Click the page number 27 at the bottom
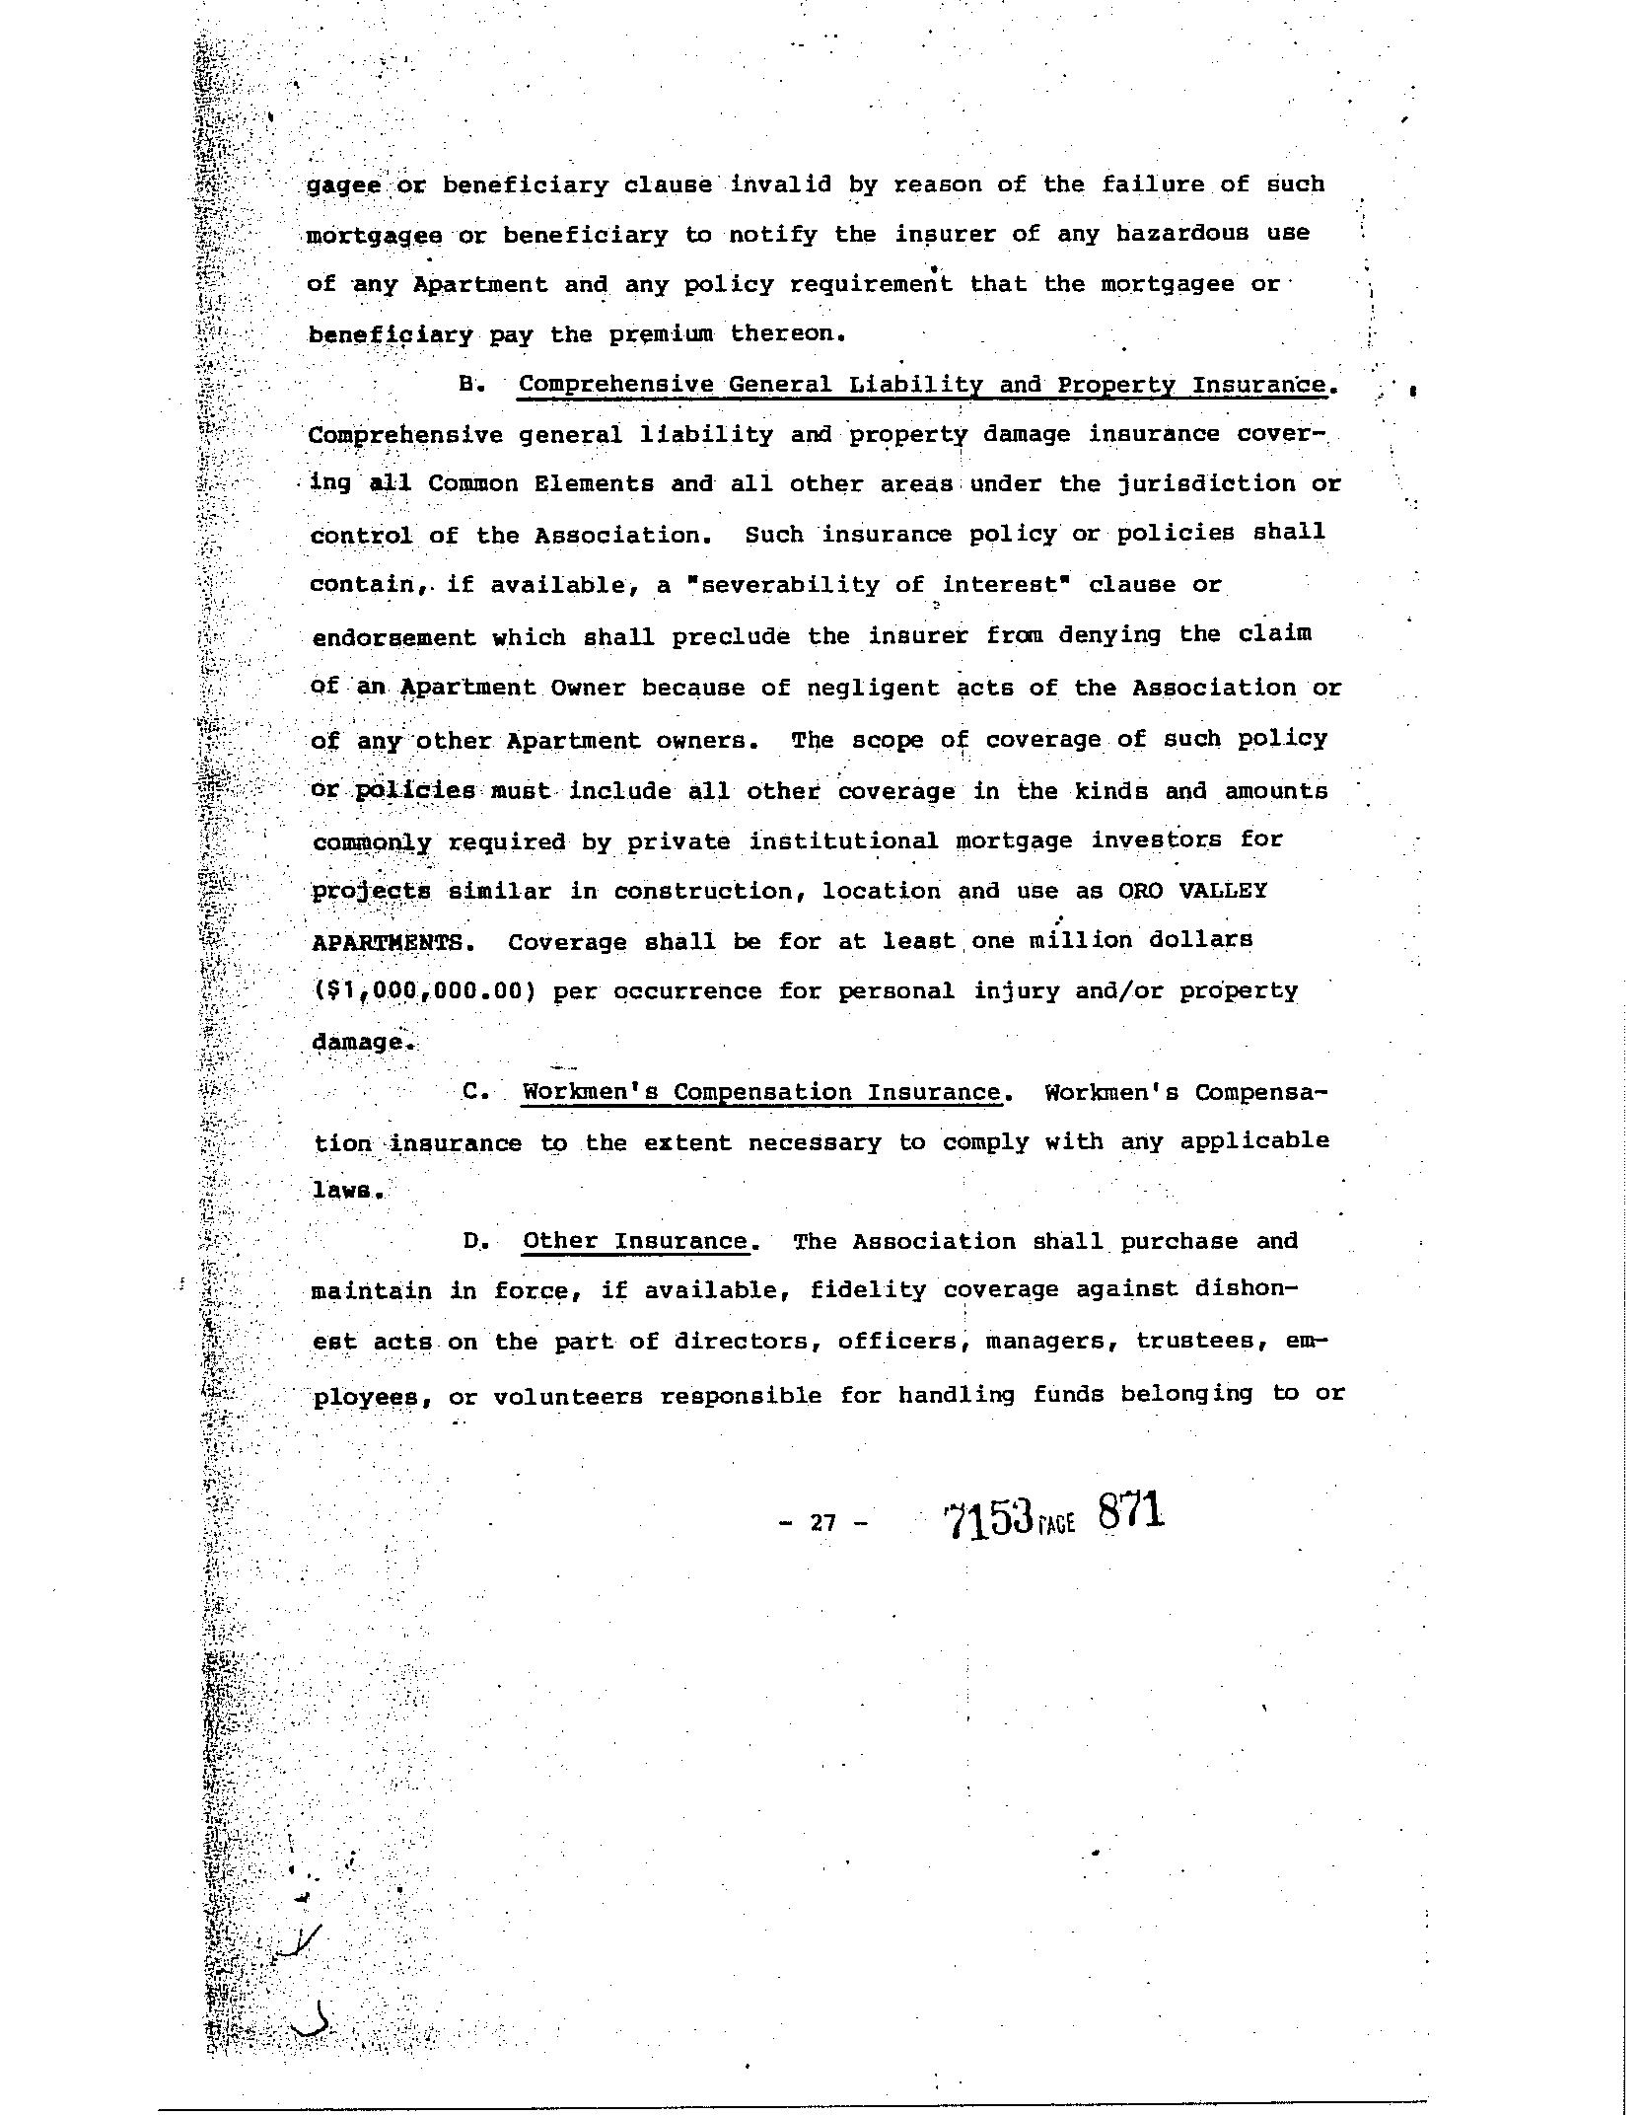(x=822, y=1522)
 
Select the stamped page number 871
(x=1130, y=1512)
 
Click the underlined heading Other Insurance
(x=635, y=1241)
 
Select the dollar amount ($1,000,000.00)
(x=424, y=991)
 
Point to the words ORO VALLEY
(x=1191, y=890)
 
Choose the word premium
(x=660, y=334)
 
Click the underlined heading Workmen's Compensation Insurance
(x=761, y=1092)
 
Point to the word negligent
(x=873, y=688)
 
